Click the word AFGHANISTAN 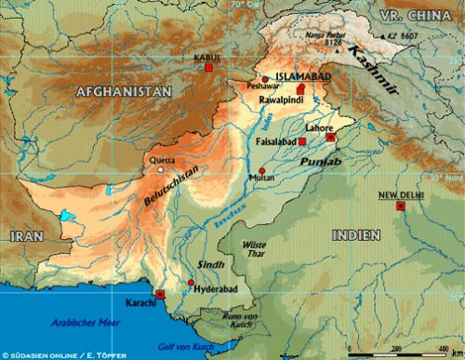tap(124, 91)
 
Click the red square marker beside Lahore tap(330, 138)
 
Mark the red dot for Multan tap(263, 170)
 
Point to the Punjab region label tap(314, 164)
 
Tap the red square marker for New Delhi tap(401, 207)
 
